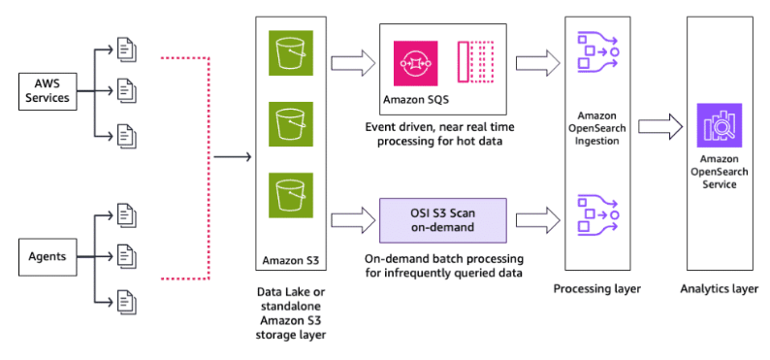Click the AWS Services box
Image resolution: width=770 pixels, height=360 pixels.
(47, 92)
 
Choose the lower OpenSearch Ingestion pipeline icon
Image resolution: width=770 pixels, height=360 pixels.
(596, 218)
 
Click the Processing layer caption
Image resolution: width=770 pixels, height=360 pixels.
(596, 289)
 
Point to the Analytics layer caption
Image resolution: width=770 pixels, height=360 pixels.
(719, 289)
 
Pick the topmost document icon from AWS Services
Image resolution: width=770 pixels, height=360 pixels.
(125, 47)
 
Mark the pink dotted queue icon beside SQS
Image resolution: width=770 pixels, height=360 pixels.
(475, 63)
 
